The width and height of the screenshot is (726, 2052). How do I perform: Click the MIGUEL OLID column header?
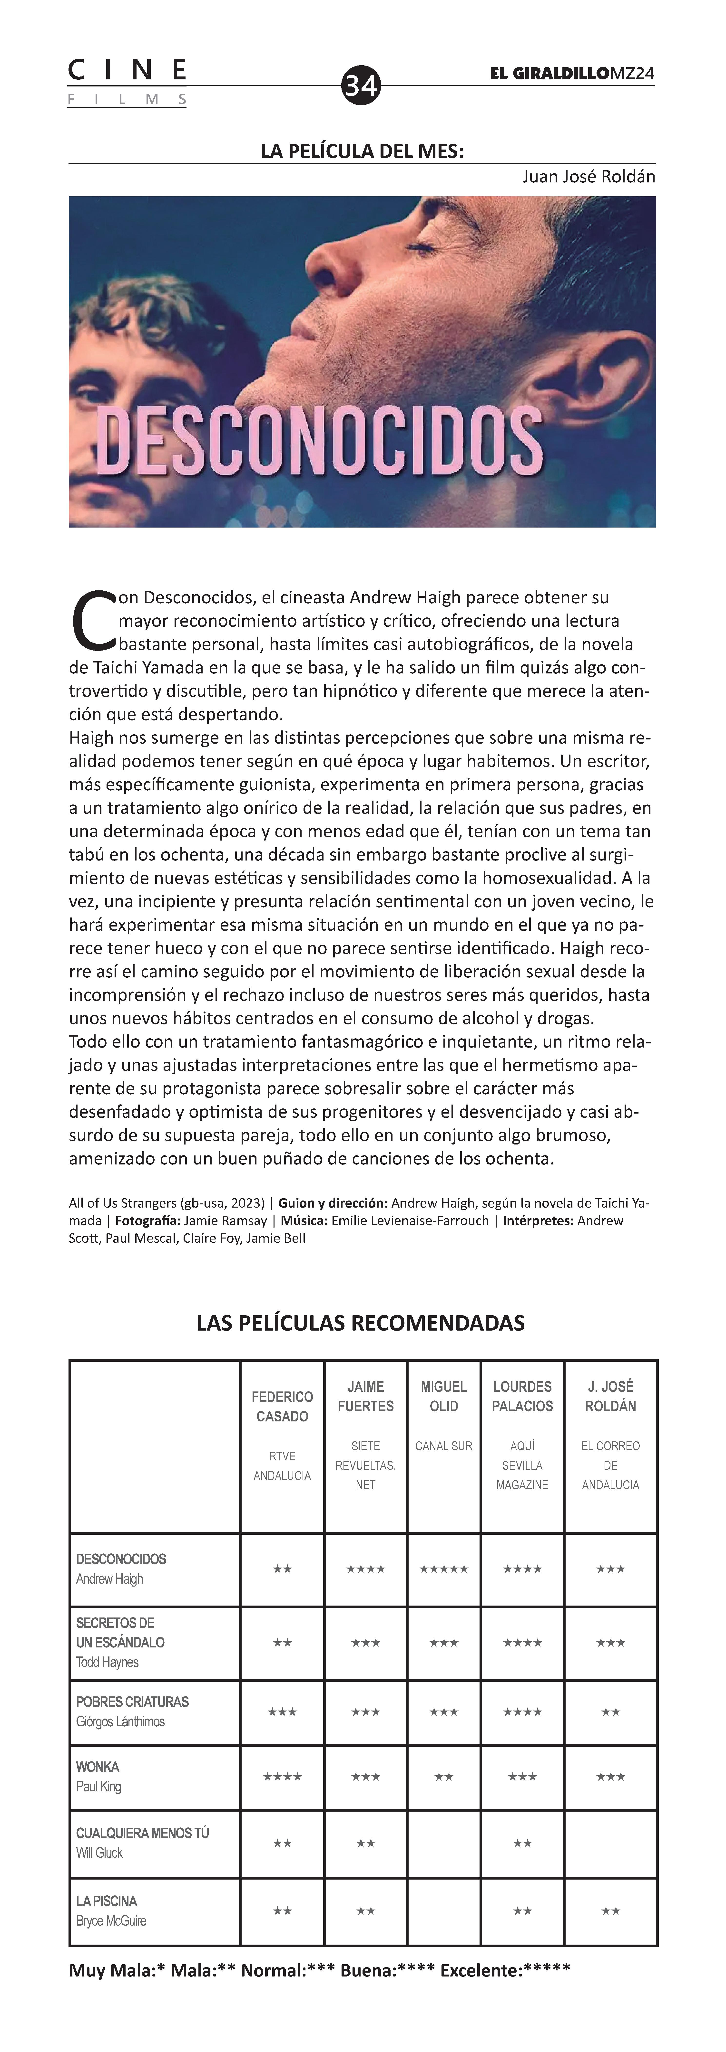[444, 1396]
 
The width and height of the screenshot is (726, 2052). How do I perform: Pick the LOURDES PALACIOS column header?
[522, 1396]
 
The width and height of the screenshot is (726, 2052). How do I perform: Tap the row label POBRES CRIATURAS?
[132, 1702]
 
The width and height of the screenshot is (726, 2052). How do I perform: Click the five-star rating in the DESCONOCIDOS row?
[444, 1569]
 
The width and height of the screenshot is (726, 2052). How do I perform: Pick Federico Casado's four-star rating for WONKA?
[282, 1776]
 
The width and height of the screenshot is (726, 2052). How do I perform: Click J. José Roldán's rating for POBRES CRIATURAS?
[610, 1712]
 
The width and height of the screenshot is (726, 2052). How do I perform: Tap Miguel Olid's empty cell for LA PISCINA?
[444, 1910]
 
